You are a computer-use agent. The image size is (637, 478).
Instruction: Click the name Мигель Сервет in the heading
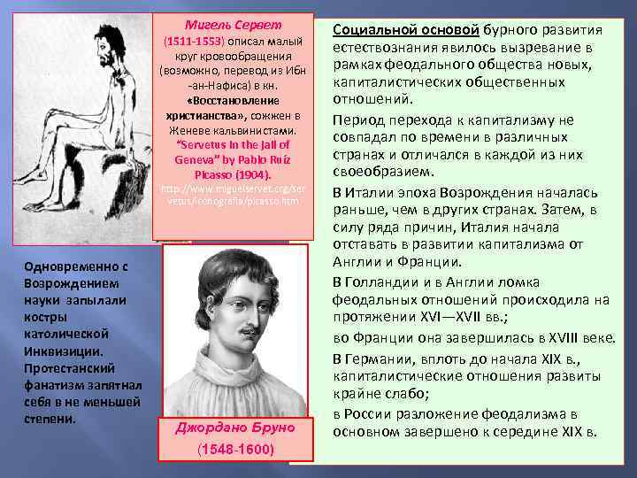click(x=234, y=25)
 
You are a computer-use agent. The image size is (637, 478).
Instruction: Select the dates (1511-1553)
click(x=194, y=41)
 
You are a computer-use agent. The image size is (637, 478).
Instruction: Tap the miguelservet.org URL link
click(x=234, y=196)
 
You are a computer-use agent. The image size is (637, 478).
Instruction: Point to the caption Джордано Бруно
click(x=234, y=427)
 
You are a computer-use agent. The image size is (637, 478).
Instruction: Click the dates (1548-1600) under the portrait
click(x=234, y=450)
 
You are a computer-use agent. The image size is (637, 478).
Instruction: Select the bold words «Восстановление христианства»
click(x=234, y=108)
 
